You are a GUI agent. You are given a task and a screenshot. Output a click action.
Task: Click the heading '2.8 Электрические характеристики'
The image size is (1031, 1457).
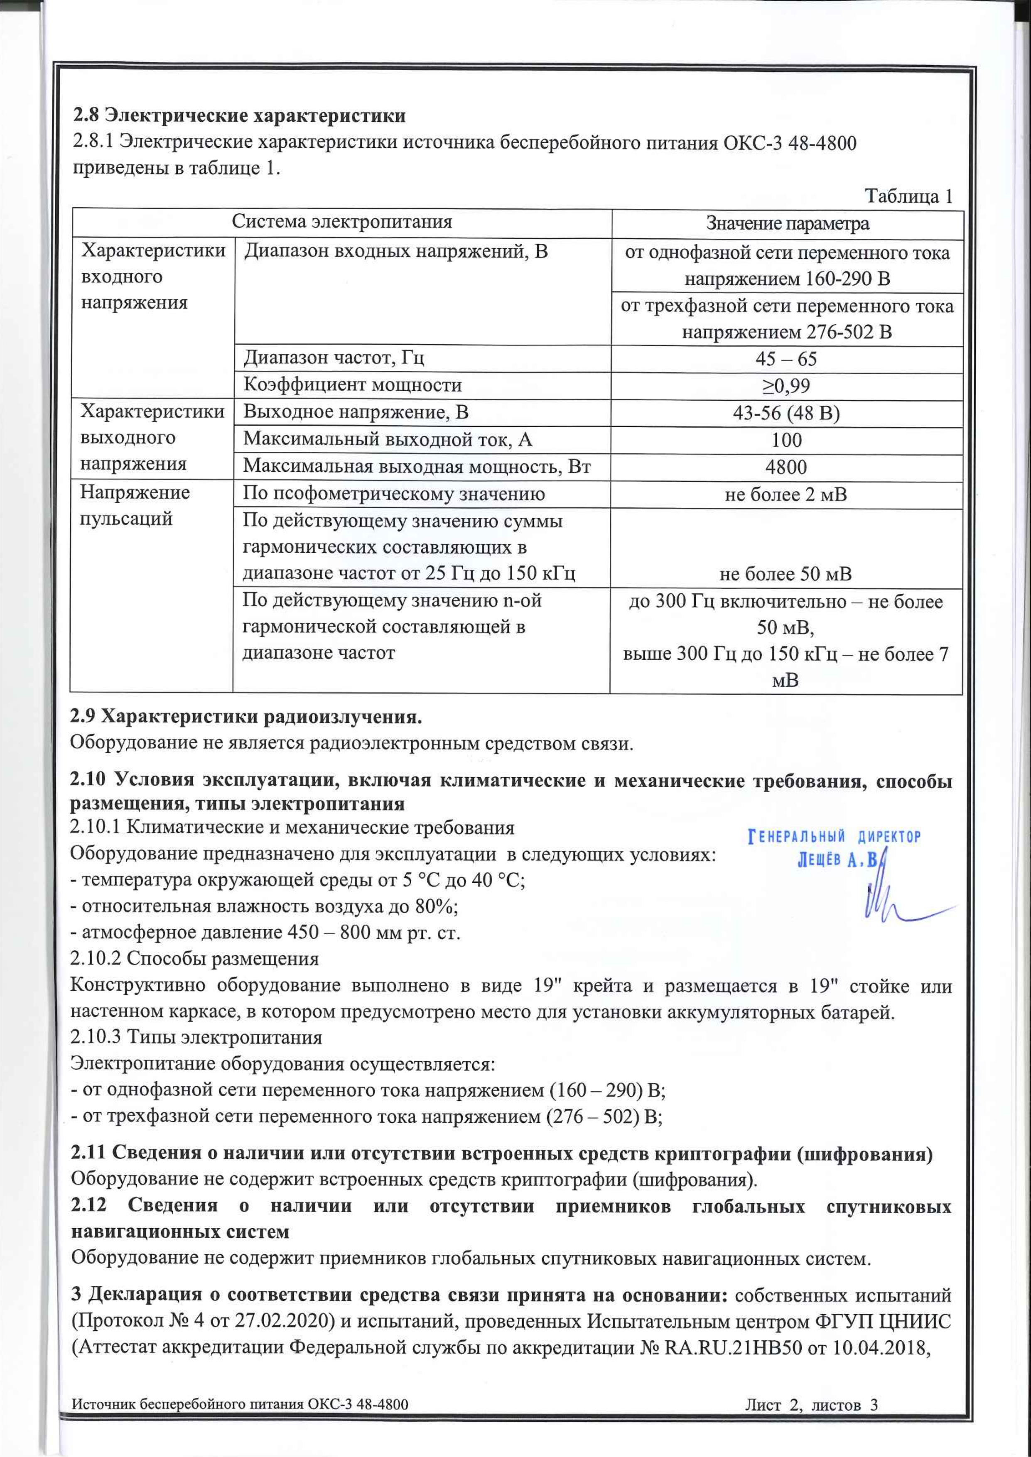point(239,116)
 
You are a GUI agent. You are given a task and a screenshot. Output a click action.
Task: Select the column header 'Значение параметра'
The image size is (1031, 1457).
point(787,223)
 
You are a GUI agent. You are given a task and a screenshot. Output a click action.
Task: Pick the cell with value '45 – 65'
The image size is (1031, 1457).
point(786,359)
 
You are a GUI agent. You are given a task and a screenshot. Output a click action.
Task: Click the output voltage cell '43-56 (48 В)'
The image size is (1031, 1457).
point(786,414)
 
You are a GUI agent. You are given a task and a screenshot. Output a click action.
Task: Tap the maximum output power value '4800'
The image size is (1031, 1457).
point(786,468)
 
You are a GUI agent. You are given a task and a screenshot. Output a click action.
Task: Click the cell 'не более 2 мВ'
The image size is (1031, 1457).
point(786,495)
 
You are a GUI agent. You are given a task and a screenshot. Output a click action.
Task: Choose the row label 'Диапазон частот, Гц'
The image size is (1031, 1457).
point(334,358)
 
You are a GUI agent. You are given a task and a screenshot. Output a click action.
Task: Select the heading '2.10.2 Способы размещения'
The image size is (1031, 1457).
point(194,958)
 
